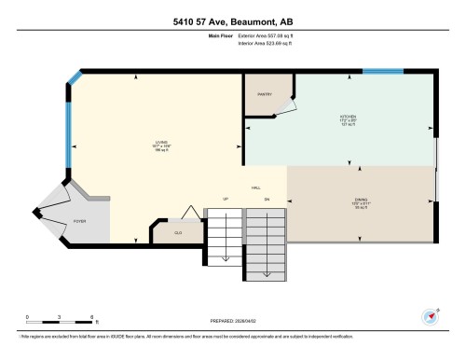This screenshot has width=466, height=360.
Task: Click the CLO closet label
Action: click(x=178, y=232)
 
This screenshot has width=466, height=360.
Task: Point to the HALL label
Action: click(x=255, y=187)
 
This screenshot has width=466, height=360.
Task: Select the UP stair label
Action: click(x=225, y=199)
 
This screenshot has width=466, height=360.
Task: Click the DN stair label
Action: click(x=267, y=199)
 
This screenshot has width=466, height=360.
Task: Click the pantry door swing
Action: click(x=285, y=106)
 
